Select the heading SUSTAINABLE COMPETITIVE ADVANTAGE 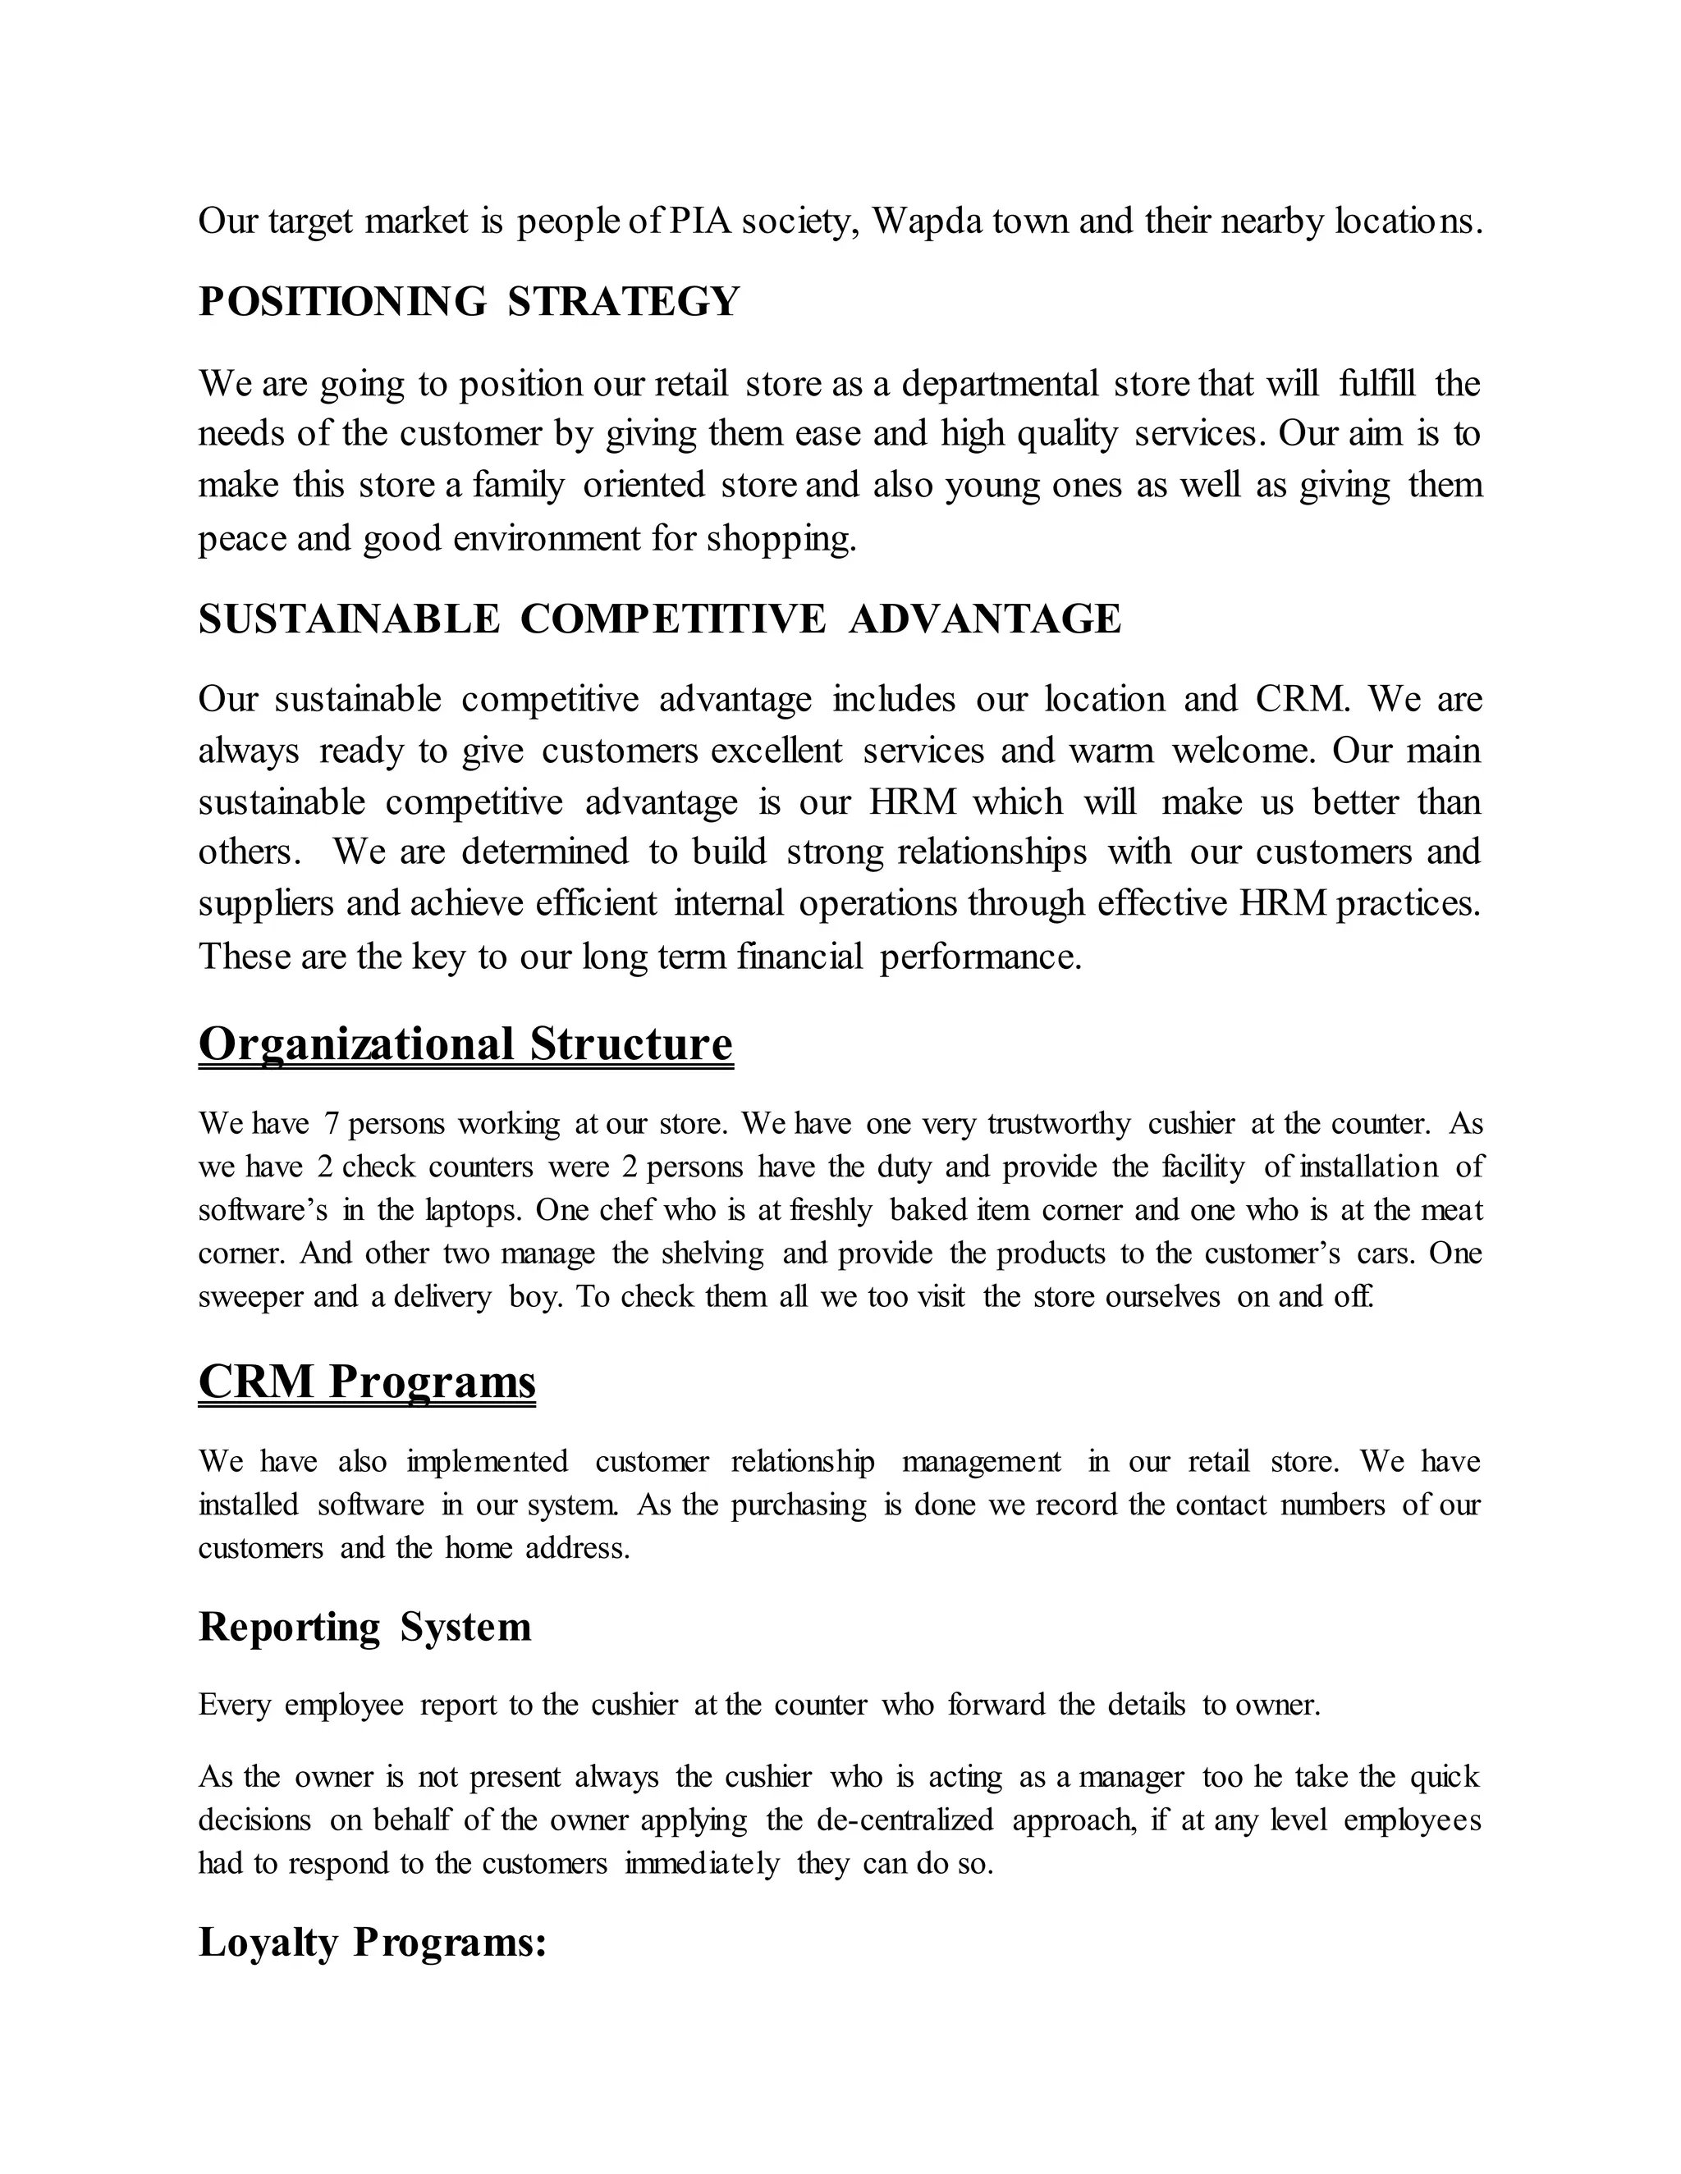pos(659,619)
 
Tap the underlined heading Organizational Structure pos(465,1044)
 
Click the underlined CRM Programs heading pos(366,1382)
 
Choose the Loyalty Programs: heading pos(373,1942)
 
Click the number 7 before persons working pos(332,1124)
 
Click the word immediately pos(702,1862)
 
